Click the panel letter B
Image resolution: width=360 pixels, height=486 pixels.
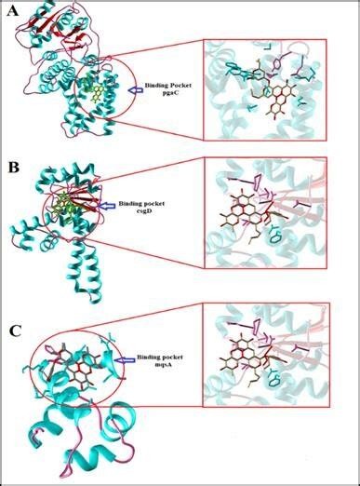[x=13, y=169]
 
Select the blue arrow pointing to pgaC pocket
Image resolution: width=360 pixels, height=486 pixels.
[x=135, y=88]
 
